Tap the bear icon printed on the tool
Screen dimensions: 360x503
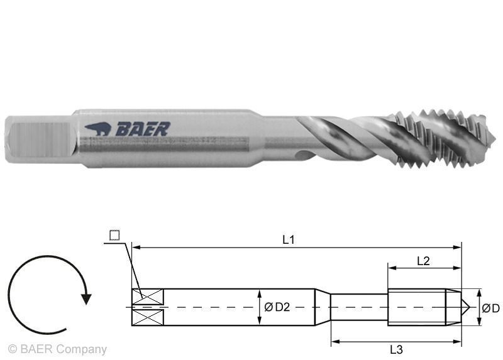pos(98,129)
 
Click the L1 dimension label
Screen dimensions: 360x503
pos(289,239)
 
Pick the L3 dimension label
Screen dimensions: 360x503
pos(396,349)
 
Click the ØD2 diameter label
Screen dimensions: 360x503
pos(277,307)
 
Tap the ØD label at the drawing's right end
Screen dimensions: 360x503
pos(491,308)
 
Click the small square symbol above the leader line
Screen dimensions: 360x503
pos(114,236)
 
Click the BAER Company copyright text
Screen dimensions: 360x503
pos(57,349)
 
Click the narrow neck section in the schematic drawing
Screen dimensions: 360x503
pos(359,307)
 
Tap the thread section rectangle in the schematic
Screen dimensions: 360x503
pos(416,307)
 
